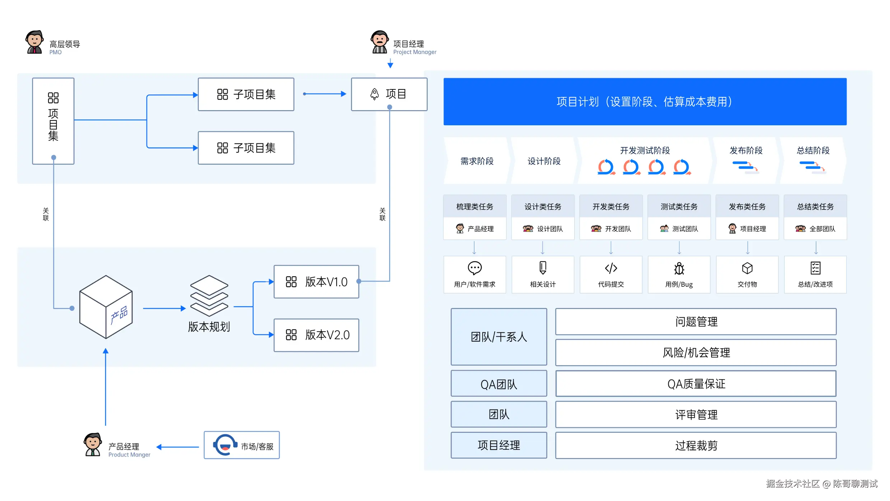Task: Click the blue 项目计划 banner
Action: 645,102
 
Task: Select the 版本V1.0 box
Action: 316,282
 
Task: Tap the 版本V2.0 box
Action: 316,335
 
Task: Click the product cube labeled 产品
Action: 106,307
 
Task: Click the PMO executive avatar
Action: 34,42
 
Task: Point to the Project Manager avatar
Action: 379,42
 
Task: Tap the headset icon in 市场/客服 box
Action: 225,445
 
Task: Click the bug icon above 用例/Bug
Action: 679,268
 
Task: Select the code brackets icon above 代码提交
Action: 611,268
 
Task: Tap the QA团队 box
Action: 498,384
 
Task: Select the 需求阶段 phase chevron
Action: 477,161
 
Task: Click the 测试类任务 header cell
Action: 679,206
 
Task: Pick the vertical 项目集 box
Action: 53,121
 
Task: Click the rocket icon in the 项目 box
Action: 374,94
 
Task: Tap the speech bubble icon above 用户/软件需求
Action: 474,268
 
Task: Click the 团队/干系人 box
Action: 498,337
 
